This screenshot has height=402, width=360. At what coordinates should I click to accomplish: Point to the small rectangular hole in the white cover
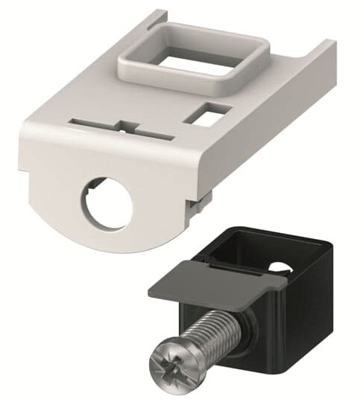[x=203, y=115]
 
